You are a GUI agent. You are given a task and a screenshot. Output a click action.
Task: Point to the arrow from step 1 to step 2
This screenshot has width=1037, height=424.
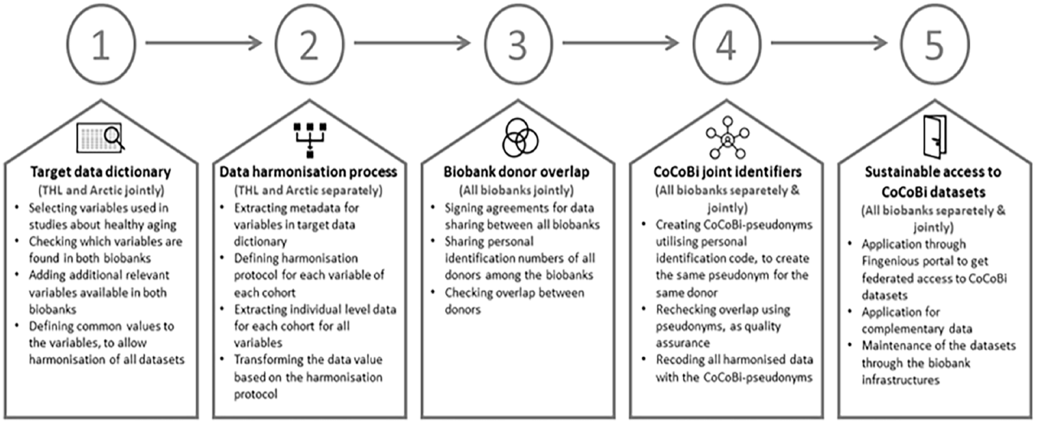[x=204, y=43]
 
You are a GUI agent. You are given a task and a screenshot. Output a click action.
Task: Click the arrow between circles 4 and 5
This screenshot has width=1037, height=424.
[x=829, y=43]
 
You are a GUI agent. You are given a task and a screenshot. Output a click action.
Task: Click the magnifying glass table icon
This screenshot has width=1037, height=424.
[x=101, y=138]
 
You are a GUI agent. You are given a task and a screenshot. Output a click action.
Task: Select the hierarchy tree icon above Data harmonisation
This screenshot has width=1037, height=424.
[x=309, y=139]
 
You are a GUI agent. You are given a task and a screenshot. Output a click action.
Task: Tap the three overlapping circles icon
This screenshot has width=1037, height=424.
[x=520, y=137]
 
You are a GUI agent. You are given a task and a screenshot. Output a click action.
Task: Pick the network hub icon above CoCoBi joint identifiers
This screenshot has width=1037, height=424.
[x=727, y=137]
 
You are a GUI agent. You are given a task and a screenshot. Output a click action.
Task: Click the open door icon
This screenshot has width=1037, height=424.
[x=934, y=136]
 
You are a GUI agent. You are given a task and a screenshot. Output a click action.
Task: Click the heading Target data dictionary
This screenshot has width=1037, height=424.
[x=101, y=172]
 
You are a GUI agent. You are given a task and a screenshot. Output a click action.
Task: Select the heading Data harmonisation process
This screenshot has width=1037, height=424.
[x=308, y=172]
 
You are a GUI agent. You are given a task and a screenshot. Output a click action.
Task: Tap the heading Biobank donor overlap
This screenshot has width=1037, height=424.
[x=516, y=172]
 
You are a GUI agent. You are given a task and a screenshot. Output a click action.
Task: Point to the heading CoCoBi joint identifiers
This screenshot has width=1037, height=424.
[x=727, y=172]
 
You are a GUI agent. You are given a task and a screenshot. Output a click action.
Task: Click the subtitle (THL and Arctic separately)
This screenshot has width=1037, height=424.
[x=308, y=190]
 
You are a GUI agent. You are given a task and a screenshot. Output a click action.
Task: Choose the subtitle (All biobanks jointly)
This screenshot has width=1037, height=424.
[x=516, y=190]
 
